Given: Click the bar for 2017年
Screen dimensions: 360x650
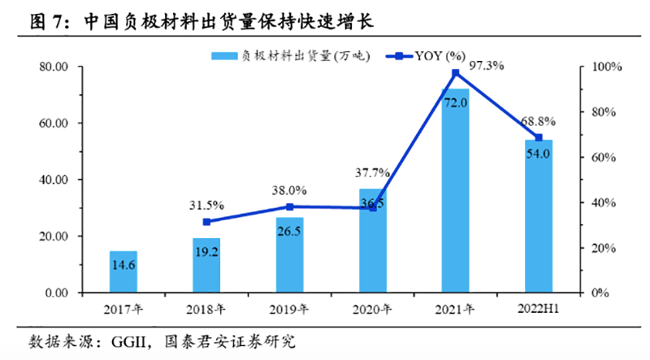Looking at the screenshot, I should tap(123, 272).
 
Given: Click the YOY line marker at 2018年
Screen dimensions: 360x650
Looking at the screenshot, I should tap(206, 222).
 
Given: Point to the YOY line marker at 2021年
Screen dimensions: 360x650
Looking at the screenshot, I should tap(455, 73).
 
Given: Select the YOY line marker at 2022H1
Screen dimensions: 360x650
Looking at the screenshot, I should tap(538, 137).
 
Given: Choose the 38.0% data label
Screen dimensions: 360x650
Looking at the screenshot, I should tap(289, 190).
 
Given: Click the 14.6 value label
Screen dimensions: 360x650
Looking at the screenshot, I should tap(123, 264).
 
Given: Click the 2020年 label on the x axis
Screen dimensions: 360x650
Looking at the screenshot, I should tap(372, 309).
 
